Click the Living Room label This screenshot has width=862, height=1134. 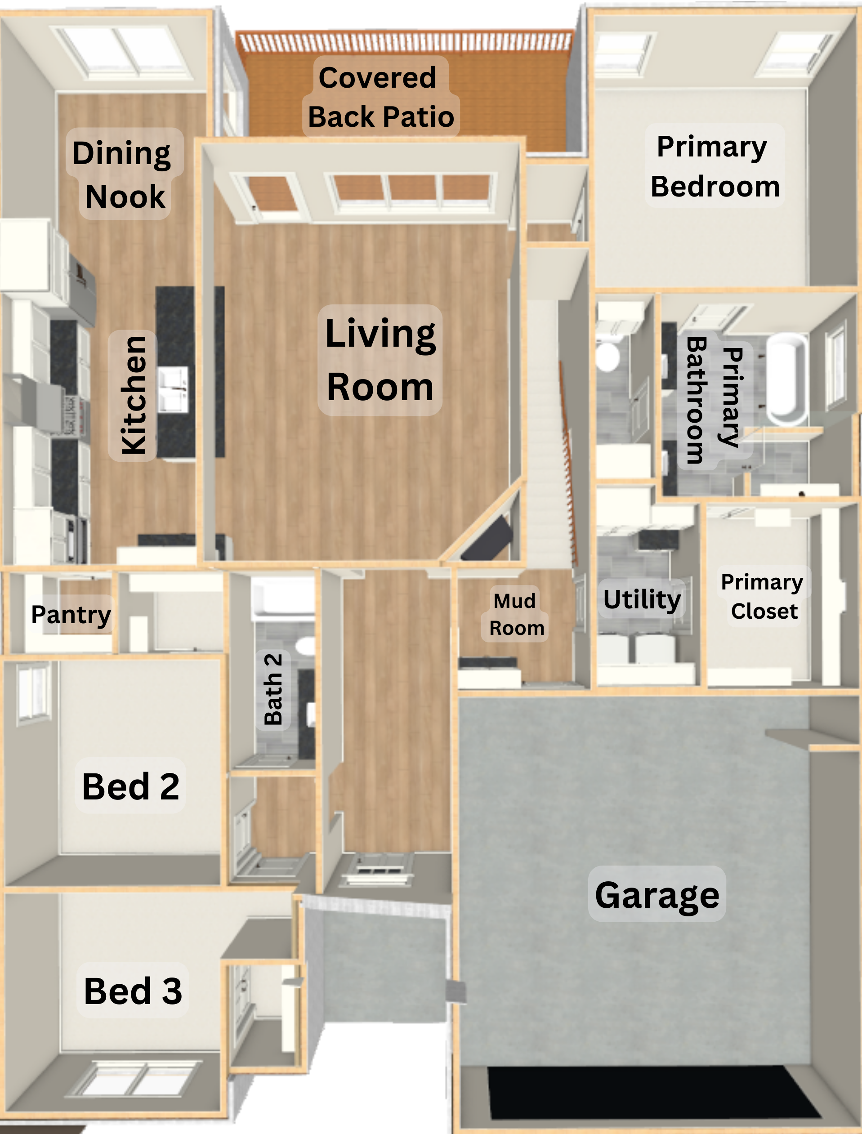point(380,360)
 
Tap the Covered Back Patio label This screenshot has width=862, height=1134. point(381,97)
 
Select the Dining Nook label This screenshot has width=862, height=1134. point(124,174)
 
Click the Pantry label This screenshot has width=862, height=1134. point(71,614)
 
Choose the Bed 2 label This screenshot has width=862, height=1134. point(130,786)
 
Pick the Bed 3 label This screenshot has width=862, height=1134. point(132,990)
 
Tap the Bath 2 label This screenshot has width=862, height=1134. point(273,689)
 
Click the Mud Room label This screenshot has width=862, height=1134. point(515,614)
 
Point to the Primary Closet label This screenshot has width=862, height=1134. point(763,597)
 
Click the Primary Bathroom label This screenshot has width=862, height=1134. point(715,400)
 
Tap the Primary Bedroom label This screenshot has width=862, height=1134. point(714,166)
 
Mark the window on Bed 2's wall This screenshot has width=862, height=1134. point(33,693)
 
